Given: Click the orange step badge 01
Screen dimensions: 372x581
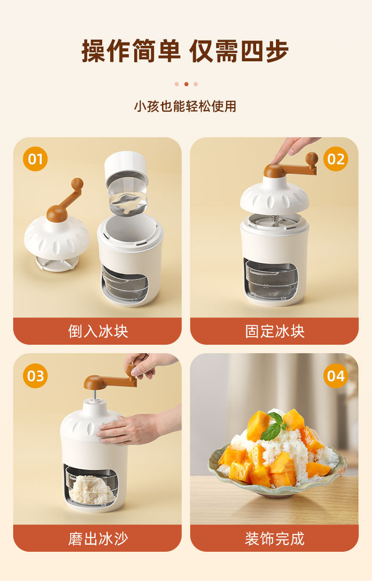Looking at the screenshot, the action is (35, 159).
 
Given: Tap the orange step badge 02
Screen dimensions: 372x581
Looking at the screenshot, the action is (336, 159).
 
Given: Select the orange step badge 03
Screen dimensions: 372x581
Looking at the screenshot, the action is (35, 376).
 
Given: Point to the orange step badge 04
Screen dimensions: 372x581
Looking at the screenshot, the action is (336, 376).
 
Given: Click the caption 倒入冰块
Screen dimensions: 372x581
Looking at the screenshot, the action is (98, 331).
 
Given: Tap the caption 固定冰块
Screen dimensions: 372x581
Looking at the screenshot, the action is (275, 331).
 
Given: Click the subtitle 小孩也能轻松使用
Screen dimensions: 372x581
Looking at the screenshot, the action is (185, 107).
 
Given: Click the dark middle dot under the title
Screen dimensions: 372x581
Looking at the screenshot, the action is (186, 84).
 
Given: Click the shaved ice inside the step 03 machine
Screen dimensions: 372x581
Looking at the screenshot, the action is (92, 489).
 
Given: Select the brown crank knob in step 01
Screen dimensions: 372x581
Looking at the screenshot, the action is (77, 184).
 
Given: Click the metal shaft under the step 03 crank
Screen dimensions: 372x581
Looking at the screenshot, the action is (95, 396).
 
